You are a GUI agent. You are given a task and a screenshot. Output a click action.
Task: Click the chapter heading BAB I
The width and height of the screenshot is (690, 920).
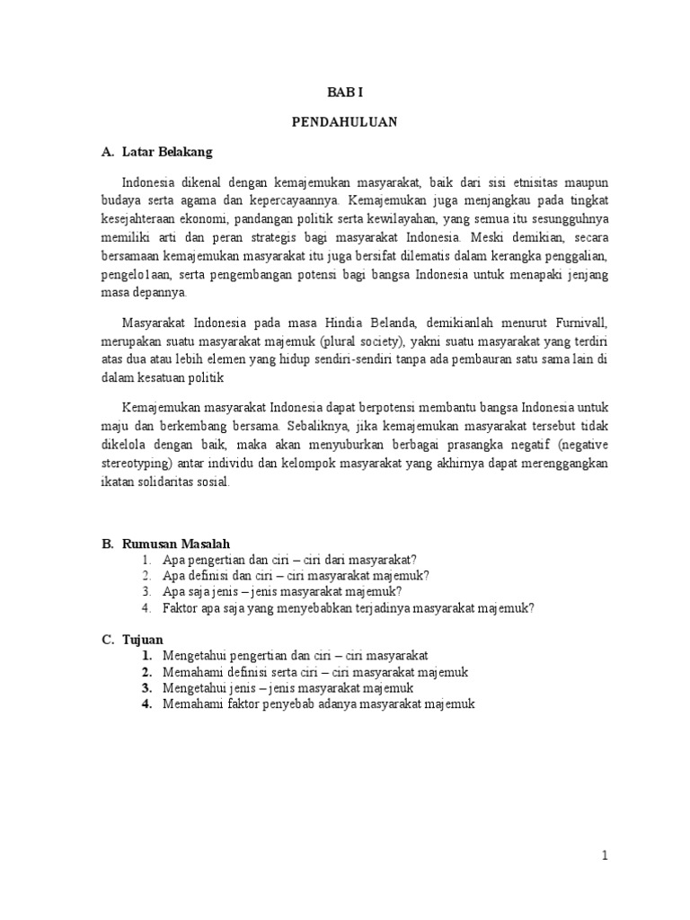[344, 91]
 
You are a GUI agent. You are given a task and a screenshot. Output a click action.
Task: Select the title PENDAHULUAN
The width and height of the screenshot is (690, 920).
[344, 121]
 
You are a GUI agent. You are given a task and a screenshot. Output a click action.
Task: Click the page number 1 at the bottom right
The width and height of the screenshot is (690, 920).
[606, 856]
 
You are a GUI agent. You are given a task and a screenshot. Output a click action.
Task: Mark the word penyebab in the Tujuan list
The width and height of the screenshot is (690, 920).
[278, 704]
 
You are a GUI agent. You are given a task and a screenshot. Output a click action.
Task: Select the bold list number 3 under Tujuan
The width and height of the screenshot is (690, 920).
[146, 688]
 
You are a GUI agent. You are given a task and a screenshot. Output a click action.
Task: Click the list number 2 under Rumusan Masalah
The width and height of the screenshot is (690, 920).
[146, 576]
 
